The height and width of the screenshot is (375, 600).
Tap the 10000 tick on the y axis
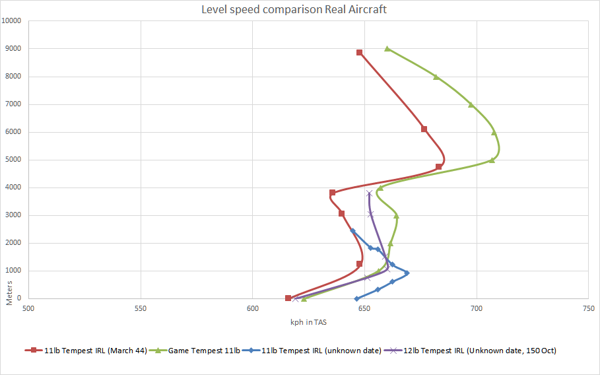[12, 20]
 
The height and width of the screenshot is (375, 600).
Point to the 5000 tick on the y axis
[14, 159]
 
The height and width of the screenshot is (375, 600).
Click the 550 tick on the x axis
[140, 308]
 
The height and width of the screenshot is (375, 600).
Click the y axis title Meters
[9, 291]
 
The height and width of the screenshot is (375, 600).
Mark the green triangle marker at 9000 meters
[387, 48]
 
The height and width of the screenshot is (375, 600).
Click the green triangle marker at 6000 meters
[494, 132]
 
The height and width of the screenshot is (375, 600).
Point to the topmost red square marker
[359, 52]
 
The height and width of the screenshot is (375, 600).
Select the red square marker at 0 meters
[288, 298]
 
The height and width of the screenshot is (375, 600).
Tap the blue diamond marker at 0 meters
[357, 298]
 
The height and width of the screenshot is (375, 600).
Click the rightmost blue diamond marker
[407, 273]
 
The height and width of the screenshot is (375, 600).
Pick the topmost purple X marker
[370, 193]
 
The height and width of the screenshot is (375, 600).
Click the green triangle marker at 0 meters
[304, 298]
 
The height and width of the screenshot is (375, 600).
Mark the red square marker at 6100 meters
[424, 129]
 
